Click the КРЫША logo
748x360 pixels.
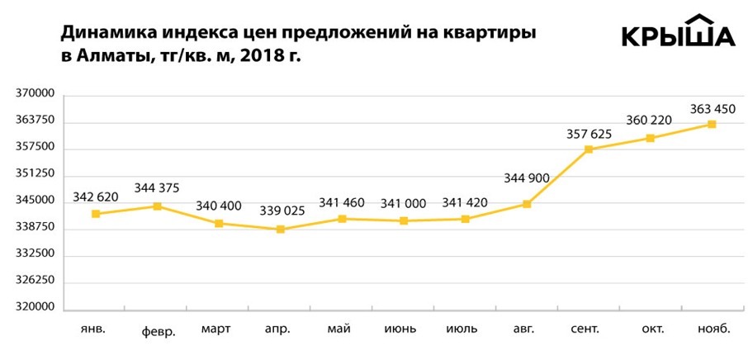point(677,32)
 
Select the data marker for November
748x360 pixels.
point(712,125)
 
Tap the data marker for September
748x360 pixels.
point(589,149)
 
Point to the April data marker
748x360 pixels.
point(281,230)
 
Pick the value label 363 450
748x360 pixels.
point(711,109)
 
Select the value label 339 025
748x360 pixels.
point(282,211)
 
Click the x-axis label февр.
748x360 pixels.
point(159,332)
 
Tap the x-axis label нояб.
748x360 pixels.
point(712,329)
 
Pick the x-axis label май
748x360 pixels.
point(339,329)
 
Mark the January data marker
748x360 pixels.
point(96,214)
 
